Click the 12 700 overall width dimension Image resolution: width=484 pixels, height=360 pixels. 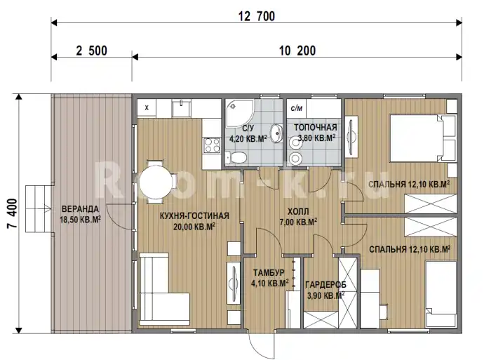tap(257, 16)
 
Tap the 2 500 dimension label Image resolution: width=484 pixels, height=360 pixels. tap(91, 51)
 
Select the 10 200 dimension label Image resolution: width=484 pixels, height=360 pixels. tap(297, 51)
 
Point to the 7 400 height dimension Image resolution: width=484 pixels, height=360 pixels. tap(12, 213)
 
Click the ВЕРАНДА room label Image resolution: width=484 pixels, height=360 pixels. tap(80, 209)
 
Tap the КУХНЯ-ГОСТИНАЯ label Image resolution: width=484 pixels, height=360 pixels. tap(194, 216)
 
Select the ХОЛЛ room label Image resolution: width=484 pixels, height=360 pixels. tap(298, 212)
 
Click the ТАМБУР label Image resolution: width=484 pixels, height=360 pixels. tap(269, 273)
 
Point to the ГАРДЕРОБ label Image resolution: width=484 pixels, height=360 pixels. tap(325, 285)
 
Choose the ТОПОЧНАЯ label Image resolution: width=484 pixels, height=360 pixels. tap(315, 128)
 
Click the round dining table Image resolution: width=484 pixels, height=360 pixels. tap(156, 182)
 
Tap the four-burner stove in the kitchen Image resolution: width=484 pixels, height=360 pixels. tap(212, 145)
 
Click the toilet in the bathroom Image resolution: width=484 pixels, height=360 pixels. tap(236, 157)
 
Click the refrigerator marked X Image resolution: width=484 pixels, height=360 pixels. tap(147, 108)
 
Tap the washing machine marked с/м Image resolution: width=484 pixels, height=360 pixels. tap(297, 108)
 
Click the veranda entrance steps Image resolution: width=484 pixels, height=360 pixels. tap(39, 208)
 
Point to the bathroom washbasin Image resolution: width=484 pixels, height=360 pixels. tap(276, 133)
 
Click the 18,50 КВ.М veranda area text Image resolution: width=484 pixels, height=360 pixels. tap(80, 220)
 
